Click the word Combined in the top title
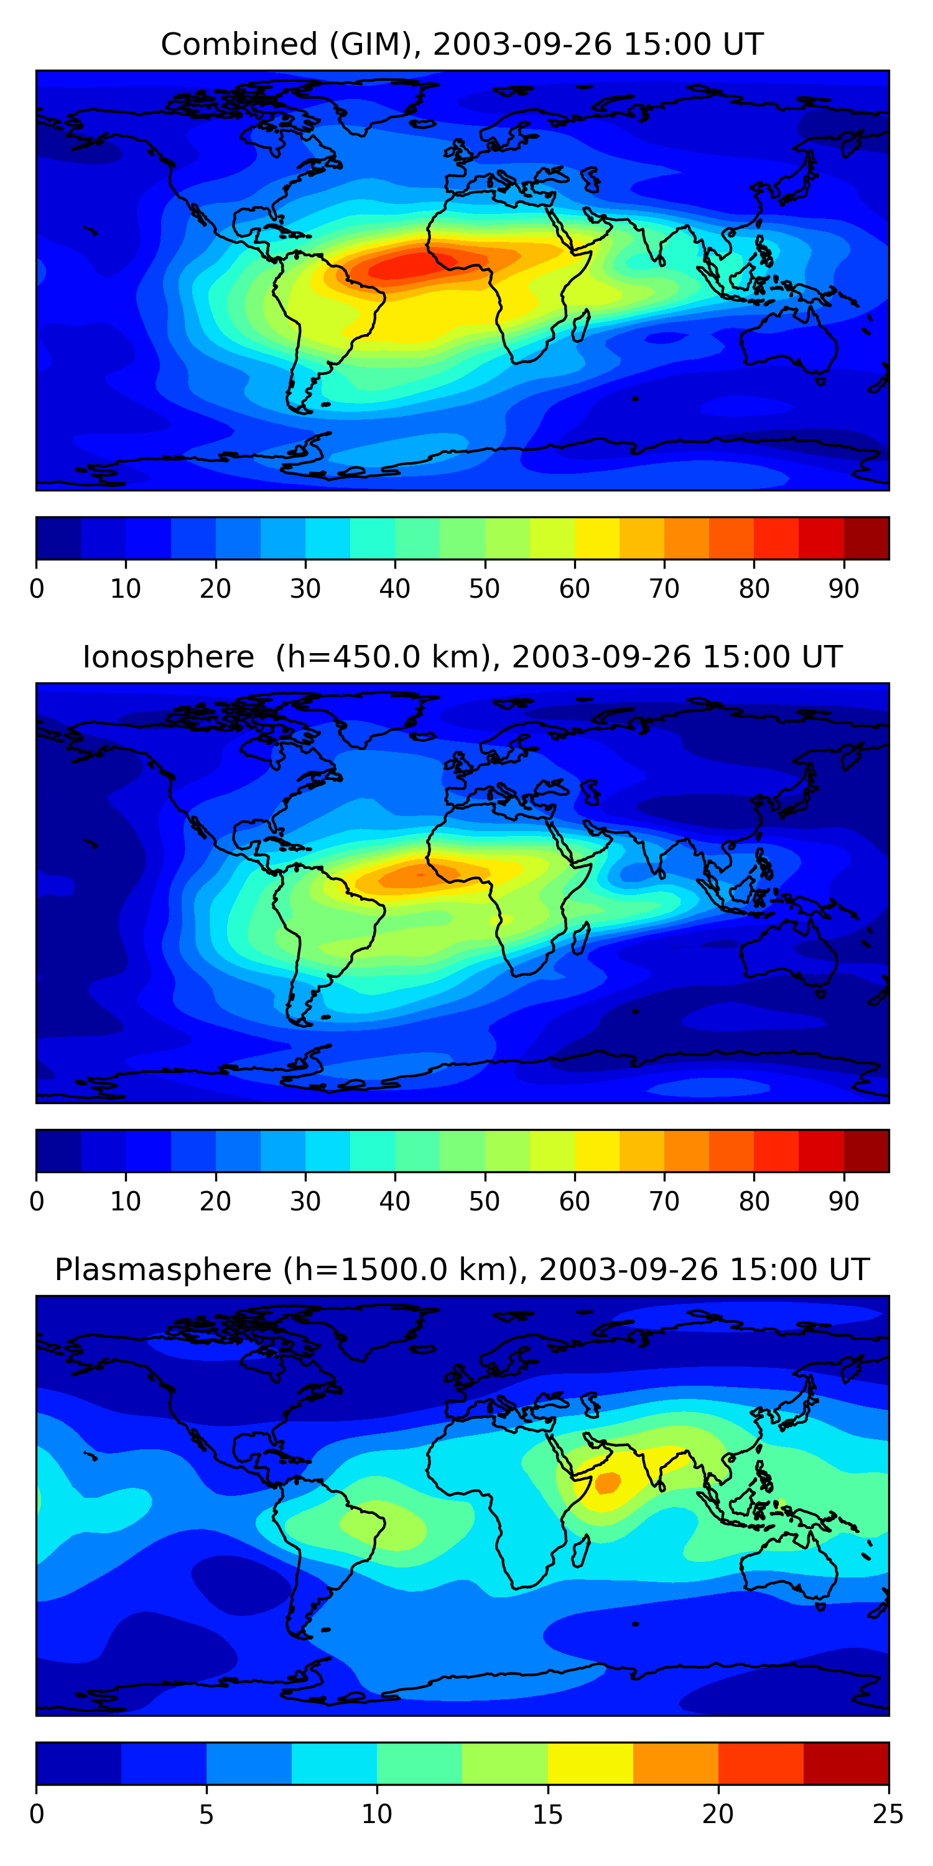(238, 44)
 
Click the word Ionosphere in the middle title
(168, 657)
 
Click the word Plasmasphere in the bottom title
(162, 1270)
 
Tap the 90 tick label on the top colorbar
(844, 588)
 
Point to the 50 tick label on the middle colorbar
(484, 1201)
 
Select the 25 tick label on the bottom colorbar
(888, 1814)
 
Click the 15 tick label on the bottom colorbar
(547, 1814)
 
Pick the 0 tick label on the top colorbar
(36, 588)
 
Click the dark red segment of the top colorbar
(866, 538)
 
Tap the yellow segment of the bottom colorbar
(590, 1763)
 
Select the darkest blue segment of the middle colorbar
(58, 1150)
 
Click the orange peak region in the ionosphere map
(420, 875)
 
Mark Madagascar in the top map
(581, 326)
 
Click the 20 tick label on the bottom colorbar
(718, 1814)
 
